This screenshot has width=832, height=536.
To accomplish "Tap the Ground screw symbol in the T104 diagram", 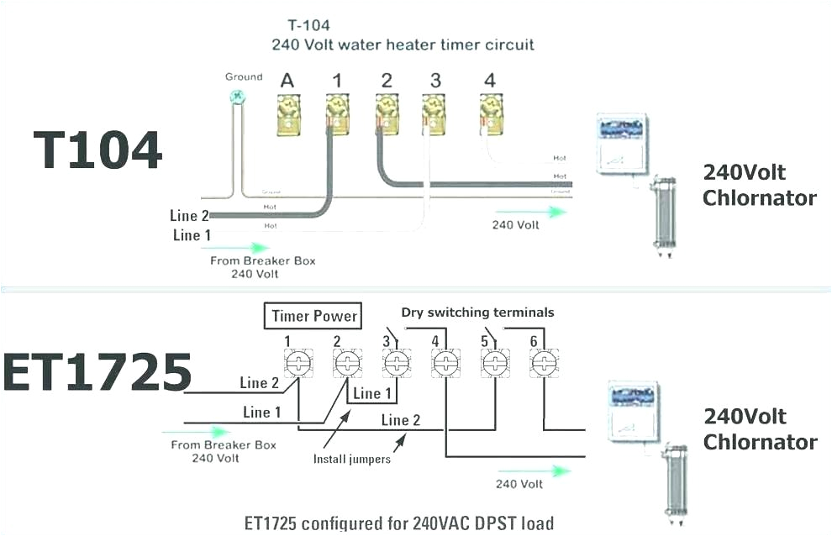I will (x=238, y=97).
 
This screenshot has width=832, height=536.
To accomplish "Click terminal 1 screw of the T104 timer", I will (x=337, y=114).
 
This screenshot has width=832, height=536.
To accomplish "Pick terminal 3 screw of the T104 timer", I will (x=434, y=114).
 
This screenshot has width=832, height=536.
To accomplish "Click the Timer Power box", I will (x=314, y=317).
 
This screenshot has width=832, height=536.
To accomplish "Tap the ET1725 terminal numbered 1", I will (x=298, y=364).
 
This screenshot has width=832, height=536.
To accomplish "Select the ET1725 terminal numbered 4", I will (x=445, y=364).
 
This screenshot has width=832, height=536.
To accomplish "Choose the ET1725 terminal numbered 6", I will (x=544, y=364).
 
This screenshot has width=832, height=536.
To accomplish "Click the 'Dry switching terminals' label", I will (x=477, y=313).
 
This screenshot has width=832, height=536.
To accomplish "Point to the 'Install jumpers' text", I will (x=351, y=460).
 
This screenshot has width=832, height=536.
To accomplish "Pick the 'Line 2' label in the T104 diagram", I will (x=188, y=216).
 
